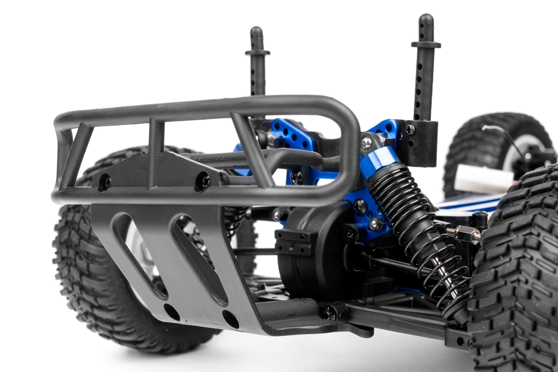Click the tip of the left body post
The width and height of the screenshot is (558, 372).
[x=256, y=31]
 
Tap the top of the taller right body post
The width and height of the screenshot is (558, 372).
[x=425, y=19]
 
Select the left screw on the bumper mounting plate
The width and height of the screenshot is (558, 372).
[x=104, y=182]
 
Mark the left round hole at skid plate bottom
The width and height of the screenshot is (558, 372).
[x=172, y=312]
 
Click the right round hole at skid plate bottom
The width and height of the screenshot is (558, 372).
[x=230, y=319]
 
